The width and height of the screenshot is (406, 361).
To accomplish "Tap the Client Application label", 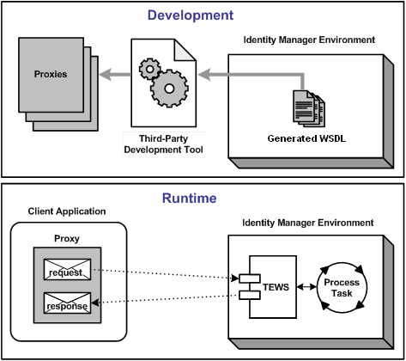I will pos(67,211).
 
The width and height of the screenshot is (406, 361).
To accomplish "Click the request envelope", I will pos(66,268).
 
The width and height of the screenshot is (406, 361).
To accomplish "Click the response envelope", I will pos(66,303).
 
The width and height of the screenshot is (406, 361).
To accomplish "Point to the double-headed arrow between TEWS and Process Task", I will pos(305,287).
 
